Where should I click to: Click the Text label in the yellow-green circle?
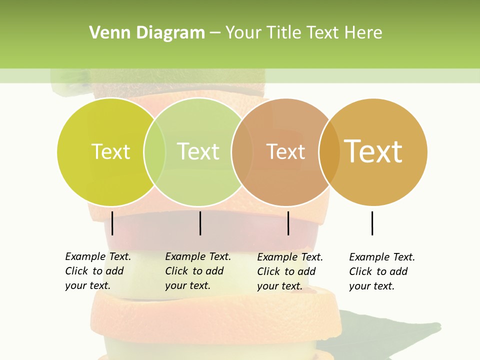pos(110,151)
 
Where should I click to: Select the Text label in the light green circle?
pos(198,151)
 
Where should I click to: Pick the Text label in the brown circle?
pos(285,151)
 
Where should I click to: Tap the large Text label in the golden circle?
pos(373,151)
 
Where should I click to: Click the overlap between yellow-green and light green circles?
pos(154,152)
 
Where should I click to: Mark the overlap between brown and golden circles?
pos(329,152)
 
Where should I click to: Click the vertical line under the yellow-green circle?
pos(112,223)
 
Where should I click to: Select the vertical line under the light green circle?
pos(200,223)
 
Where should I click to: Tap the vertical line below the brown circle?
pos(288,223)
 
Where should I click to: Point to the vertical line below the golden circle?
pos(372,223)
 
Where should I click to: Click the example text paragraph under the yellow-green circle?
pos(98,271)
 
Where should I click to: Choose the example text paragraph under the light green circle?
pos(198,271)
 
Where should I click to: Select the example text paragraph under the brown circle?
pos(290,271)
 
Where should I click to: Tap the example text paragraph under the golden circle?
pos(382,271)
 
